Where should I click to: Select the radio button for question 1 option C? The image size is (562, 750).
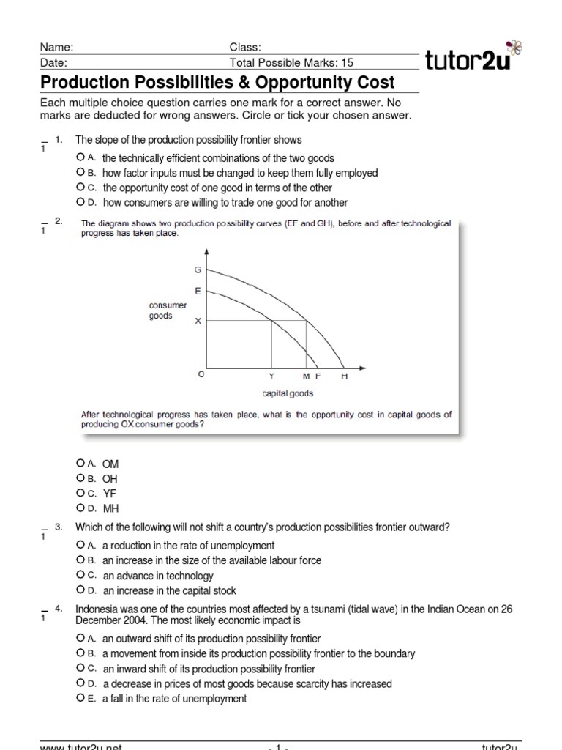[80, 187]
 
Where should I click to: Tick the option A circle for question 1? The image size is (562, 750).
[80, 157]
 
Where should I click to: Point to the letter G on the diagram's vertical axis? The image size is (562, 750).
[198, 270]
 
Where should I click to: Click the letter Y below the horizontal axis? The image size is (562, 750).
[272, 376]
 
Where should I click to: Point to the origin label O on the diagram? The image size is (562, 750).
[202, 374]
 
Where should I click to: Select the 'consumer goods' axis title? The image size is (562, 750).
[168, 311]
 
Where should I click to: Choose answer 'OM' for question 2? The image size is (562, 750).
[80, 464]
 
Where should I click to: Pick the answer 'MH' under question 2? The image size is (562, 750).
[80, 508]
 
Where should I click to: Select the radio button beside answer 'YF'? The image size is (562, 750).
[80, 493]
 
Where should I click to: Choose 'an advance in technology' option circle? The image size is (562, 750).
[80, 575]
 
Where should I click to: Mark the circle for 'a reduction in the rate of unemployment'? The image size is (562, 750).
[80, 545]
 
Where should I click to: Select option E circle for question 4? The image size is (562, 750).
[80, 698]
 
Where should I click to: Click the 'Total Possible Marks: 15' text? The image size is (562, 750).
[287, 62]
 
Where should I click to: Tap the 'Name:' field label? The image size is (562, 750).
[57, 47]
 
